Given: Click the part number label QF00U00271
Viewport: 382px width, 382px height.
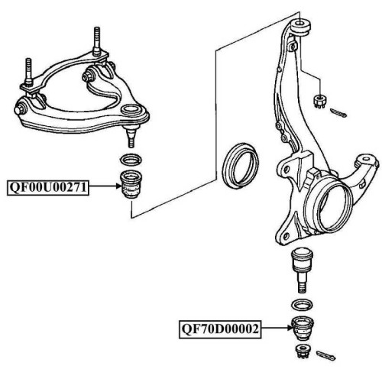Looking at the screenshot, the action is (x=48, y=188).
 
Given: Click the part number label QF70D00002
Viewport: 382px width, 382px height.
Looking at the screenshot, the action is (x=220, y=329).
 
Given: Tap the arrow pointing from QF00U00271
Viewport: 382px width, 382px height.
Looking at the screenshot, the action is (x=105, y=186).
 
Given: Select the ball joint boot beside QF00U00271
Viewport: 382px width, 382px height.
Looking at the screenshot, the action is (x=131, y=184).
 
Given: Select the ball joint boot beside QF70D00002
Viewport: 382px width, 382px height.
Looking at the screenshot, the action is (x=303, y=329).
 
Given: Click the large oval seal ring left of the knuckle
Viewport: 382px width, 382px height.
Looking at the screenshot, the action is (x=241, y=166).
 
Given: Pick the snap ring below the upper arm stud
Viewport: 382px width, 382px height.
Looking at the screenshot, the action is (x=131, y=160).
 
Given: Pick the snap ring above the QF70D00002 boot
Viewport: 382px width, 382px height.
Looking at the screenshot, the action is (x=302, y=305).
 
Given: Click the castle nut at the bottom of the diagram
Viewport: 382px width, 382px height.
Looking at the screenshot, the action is (x=303, y=351).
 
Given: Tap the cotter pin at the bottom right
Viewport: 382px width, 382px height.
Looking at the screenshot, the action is (x=325, y=355).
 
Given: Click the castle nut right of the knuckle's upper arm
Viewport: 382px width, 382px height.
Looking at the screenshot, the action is (x=319, y=102).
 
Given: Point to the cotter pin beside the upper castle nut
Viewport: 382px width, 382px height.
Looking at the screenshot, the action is (x=338, y=113).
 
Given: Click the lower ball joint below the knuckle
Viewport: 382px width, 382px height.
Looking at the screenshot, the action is (x=302, y=270).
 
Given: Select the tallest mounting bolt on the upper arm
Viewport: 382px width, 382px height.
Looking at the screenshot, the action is (x=97, y=41).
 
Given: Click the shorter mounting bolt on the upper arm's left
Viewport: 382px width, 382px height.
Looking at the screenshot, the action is (x=28, y=72).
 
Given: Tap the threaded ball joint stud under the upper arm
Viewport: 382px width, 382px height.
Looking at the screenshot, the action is (x=131, y=136).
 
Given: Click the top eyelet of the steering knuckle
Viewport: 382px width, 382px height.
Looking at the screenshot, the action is (x=300, y=26).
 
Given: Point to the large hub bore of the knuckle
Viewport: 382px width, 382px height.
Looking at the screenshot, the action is (x=330, y=209).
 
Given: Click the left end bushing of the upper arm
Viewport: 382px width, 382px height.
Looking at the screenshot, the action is (x=21, y=108).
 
